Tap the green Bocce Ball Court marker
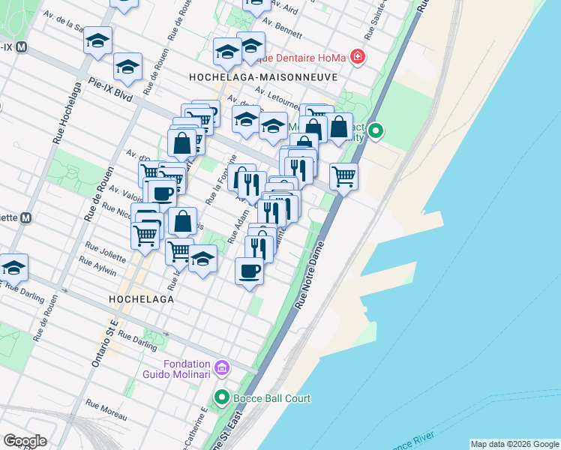(221, 397)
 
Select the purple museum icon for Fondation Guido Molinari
(221, 367)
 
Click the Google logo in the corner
(25, 441)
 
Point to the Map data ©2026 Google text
(514, 444)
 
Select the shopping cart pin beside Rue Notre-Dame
(343, 177)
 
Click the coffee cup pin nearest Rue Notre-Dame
(249, 271)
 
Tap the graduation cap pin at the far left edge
(13, 268)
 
